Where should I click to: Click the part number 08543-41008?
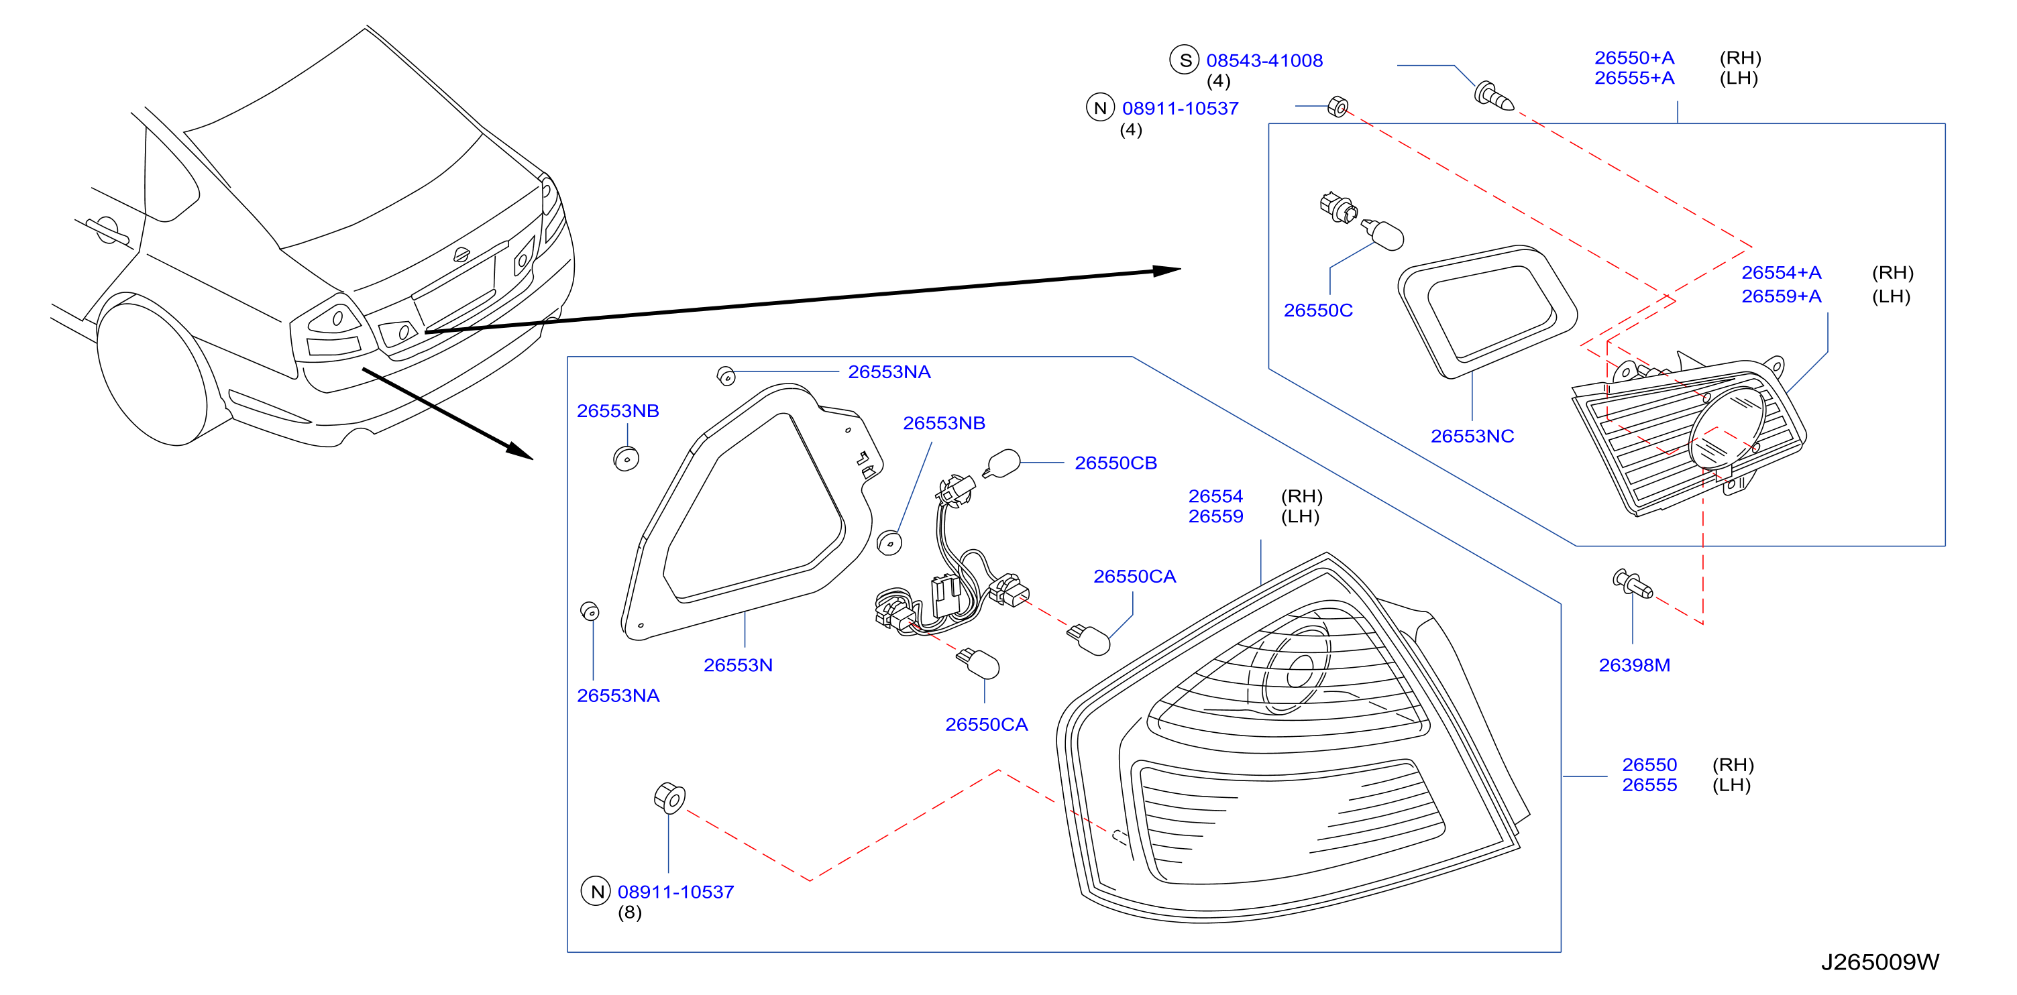pos(1264,60)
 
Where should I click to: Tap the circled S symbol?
pos(1185,60)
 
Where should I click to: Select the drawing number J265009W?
pos(1880,961)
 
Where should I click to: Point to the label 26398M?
pos(1634,664)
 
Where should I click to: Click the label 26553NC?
pos(1472,436)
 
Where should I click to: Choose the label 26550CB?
pos(1115,463)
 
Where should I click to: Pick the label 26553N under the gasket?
pos(738,664)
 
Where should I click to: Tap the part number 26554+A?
pos(1782,272)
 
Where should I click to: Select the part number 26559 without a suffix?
pos(1215,517)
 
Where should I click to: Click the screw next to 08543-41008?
pos(1493,97)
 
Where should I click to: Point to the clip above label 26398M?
pos(1633,583)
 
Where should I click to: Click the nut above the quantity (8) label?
pos(669,797)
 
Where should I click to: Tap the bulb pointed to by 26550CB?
pos(1001,463)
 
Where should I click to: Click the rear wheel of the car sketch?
pos(153,372)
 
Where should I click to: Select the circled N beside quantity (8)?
pos(596,891)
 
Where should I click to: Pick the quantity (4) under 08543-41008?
pos(1218,80)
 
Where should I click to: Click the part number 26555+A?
pos(1634,78)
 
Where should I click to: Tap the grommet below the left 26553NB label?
pos(626,458)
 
